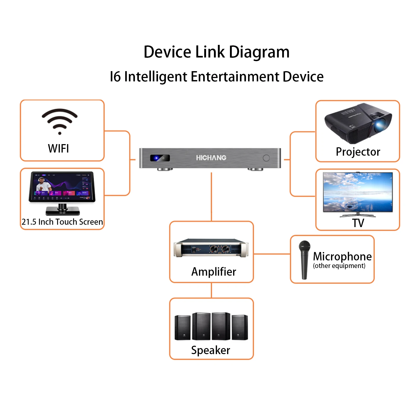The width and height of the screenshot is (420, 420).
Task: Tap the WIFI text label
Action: tap(59, 149)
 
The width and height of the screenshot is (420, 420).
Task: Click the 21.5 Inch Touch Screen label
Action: tap(62, 222)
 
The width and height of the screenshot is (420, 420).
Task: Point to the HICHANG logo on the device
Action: tap(211, 158)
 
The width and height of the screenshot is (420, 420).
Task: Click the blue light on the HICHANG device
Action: tap(156, 158)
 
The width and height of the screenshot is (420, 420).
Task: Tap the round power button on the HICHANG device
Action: tap(266, 158)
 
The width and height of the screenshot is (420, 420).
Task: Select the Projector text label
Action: tap(358, 152)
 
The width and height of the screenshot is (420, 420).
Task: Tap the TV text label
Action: tap(358, 223)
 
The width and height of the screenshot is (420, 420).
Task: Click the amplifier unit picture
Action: tap(211, 248)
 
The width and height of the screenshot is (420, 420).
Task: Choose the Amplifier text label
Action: tap(214, 272)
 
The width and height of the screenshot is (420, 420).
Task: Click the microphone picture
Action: tap(304, 260)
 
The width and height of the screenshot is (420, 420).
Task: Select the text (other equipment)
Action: tap(339, 266)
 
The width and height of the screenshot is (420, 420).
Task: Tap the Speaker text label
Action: tap(211, 350)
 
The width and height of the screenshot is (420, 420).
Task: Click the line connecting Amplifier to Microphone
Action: tap(272, 254)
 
